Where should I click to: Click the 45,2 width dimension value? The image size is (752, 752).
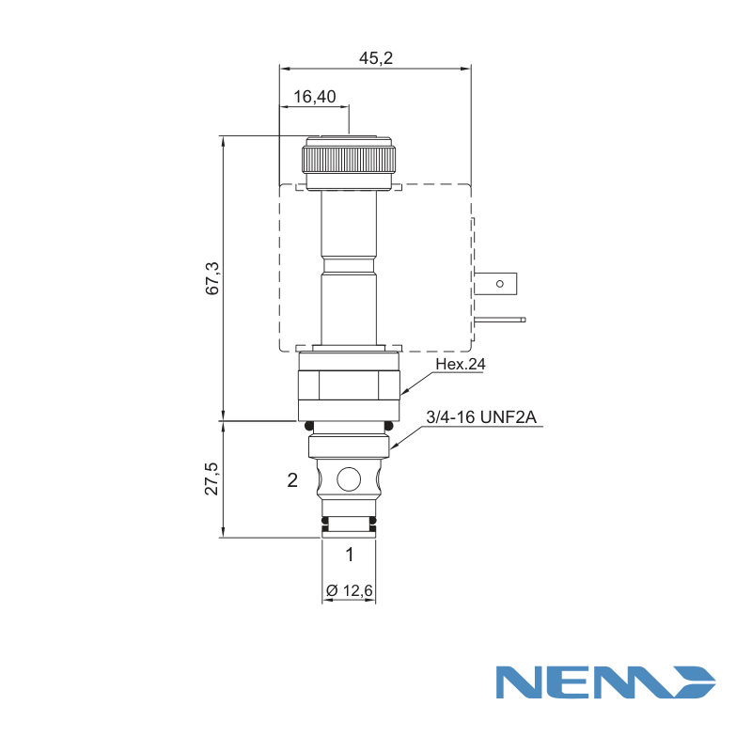click(x=376, y=58)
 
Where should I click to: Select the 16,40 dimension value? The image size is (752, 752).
click(x=315, y=97)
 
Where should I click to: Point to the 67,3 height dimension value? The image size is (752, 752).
click(x=212, y=278)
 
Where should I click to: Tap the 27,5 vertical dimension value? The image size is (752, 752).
click(x=212, y=478)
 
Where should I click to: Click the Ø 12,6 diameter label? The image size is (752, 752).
click(x=349, y=591)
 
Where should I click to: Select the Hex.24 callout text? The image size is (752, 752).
click(x=461, y=364)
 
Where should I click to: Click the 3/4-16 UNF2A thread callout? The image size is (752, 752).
click(x=481, y=417)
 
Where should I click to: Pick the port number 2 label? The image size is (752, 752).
click(x=292, y=480)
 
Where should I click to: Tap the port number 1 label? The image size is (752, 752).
click(x=350, y=555)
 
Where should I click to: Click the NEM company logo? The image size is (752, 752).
click(x=605, y=682)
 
